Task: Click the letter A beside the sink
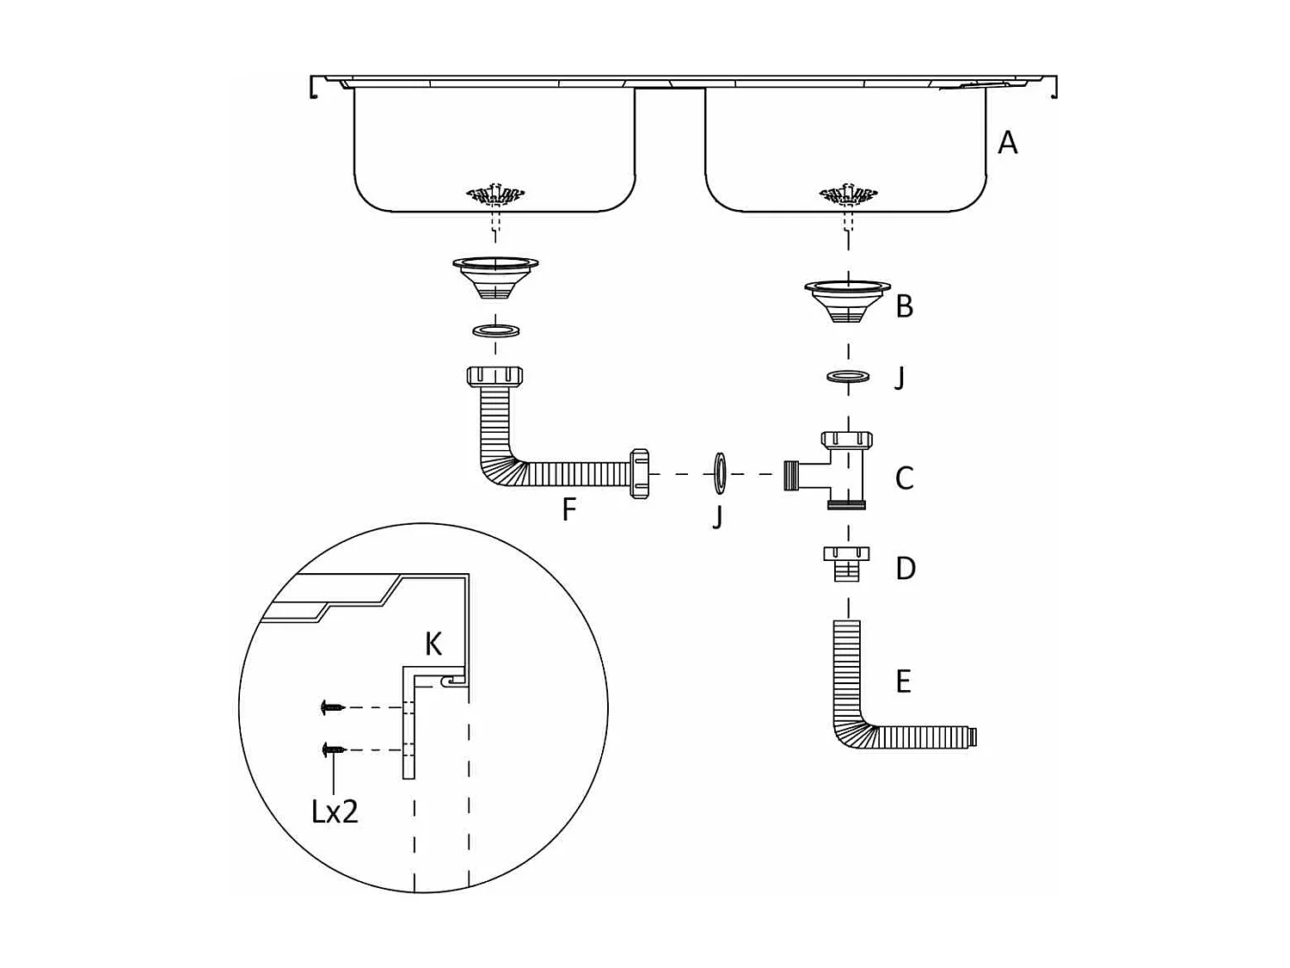1007,143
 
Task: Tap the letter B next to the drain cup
904,306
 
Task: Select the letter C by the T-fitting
904,478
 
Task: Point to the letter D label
905,569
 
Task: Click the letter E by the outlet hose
903,681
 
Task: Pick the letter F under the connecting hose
568,510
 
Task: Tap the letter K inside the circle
433,644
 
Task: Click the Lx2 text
335,811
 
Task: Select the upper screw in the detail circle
332,707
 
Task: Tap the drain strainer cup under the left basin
495,275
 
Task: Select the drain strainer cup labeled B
847,299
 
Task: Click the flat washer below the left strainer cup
495,330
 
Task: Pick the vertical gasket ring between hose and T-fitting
720,473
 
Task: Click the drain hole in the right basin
848,195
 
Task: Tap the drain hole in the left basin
495,195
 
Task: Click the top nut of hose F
495,376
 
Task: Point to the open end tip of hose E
973,737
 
